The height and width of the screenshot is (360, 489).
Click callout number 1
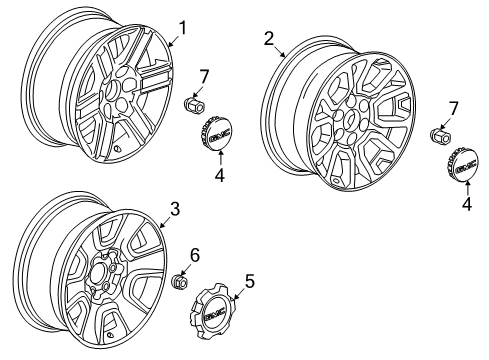[x=183, y=28]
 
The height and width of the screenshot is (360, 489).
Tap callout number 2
[x=269, y=38]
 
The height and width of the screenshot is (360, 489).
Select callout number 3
[x=174, y=209]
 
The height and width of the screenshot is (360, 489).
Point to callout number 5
[x=250, y=282]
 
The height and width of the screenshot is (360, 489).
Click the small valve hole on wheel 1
[x=119, y=151]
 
